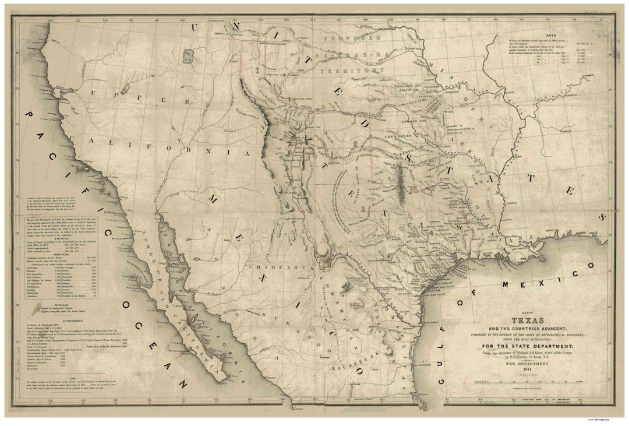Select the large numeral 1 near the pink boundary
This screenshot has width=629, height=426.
(257, 69)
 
